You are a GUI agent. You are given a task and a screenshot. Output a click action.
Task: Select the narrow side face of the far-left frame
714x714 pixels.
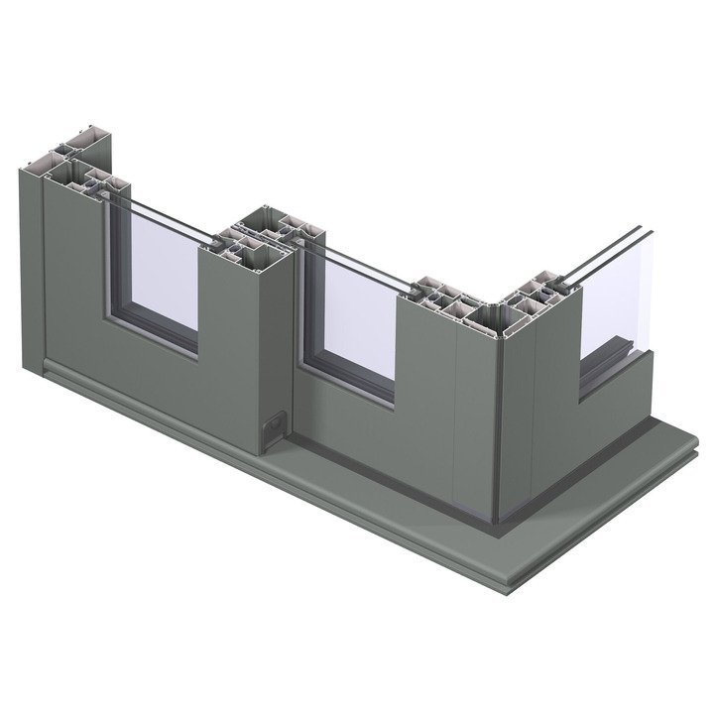[x=29, y=268]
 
